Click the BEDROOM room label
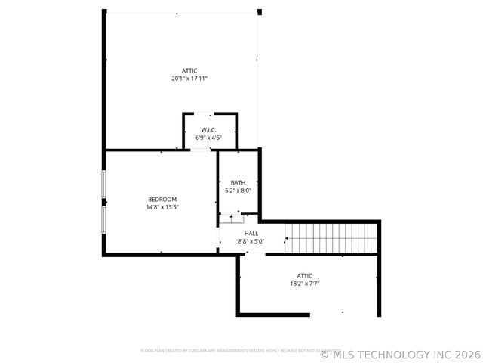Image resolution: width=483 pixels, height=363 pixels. (x=162, y=199)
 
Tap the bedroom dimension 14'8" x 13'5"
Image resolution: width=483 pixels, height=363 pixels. (x=162, y=206)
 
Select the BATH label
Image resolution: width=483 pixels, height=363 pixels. (x=238, y=183)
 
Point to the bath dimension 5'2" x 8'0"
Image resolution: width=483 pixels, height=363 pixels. (x=238, y=191)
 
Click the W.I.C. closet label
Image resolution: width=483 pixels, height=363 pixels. (x=209, y=130)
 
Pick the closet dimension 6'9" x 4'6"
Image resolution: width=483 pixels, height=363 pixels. (x=209, y=138)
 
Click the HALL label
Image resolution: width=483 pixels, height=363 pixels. (x=251, y=234)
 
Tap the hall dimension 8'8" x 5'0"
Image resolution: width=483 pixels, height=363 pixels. (x=251, y=241)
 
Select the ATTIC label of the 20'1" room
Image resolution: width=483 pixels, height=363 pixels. (x=189, y=70)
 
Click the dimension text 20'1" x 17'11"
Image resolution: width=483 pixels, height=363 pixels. (x=189, y=78)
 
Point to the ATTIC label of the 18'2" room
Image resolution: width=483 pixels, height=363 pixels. (x=304, y=276)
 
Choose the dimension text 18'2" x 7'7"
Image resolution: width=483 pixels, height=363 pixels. (x=304, y=284)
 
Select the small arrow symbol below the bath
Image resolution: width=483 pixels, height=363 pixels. (x=231, y=218)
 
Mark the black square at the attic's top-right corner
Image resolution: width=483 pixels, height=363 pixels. (x=260, y=12)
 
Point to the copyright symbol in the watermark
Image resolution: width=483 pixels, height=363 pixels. (x=325, y=354)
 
